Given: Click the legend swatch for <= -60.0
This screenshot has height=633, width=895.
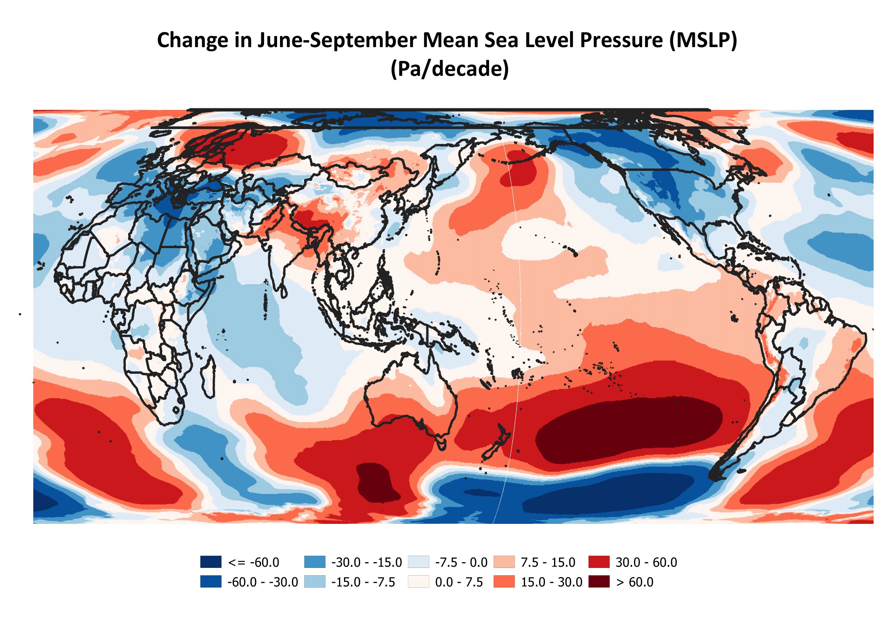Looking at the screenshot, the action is tap(211, 562).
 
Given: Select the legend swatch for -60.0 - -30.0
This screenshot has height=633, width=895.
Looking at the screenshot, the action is tap(211, 582).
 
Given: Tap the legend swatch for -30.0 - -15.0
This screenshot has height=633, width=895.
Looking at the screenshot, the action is tap(315, 562).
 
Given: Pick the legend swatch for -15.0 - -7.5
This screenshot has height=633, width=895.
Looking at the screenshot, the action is tap(315, 582).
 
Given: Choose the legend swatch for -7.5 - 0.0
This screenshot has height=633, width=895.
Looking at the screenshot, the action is tap(419, 562).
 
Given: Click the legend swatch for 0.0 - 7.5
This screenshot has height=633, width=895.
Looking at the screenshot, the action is tap(419, 582).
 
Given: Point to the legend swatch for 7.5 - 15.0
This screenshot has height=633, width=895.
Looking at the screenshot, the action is tap(504, 562).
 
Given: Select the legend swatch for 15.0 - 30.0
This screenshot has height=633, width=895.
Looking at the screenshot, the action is tap(504, 582).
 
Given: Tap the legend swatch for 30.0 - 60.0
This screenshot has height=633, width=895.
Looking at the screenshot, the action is tap(599, 562).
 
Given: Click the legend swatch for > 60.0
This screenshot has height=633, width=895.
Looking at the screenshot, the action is tap(599, 582).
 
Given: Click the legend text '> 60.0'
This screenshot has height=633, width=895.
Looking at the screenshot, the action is tap(634, 582).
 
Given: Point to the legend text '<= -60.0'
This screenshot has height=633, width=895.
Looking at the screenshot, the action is tap(254, 563).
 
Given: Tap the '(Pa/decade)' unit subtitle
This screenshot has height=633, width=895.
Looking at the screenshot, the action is tap(450, 69).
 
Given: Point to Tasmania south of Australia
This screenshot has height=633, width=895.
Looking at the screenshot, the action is tap(442, 444).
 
